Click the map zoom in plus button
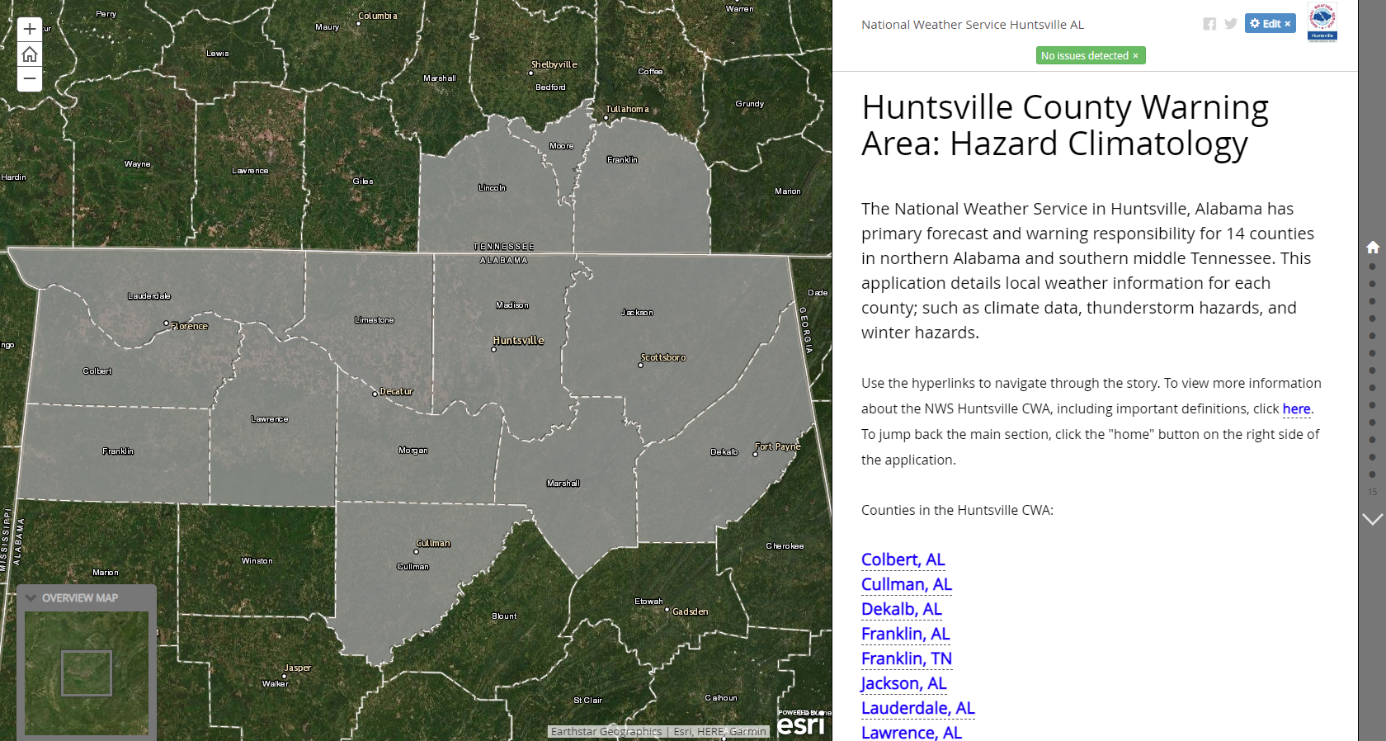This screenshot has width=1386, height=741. point(30,30)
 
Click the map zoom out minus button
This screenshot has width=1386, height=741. point(30,79)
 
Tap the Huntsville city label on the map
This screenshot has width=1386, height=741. point(518,341)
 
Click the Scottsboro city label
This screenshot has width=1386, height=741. point(663,358)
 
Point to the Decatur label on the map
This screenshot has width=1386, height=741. point(396,392)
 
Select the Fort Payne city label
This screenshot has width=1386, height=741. point(777,447)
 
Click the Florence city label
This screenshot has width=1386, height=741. point(190,327)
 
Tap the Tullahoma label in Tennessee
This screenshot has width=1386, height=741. point(627,110)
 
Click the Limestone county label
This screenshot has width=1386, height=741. point(375,320)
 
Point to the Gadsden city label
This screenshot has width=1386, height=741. point(691,612)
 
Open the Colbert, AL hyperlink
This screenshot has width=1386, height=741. point(903,560)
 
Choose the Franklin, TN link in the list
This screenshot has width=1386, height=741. point(906,659)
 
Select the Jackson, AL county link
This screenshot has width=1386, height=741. point(903,684)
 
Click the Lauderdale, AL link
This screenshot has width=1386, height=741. point(917,709)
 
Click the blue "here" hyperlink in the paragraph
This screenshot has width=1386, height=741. point(1296,409)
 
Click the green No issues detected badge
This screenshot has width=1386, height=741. point(1090,56)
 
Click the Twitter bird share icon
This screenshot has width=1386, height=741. point(1231,24)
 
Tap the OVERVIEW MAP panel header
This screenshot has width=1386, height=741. point(80,598)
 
